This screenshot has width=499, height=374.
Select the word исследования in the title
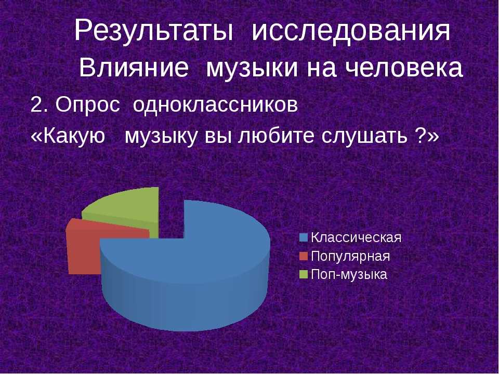(x=351, y=31)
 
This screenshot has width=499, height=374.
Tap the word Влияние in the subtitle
(x=134, y=68)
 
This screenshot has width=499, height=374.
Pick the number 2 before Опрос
(x=36, y=104)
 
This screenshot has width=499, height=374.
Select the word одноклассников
(x=215, y=104)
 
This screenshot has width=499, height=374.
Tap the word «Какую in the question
(x=68, y=137)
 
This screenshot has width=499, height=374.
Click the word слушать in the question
(x=364, y=137)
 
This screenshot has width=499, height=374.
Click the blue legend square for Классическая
(x=304, y=237)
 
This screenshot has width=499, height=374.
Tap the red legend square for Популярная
(x=304, y=256)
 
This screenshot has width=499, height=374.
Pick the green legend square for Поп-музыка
(x=304, y=274)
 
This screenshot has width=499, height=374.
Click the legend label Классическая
(x=356, y=237)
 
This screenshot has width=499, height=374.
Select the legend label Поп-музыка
(x=349, y=275)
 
